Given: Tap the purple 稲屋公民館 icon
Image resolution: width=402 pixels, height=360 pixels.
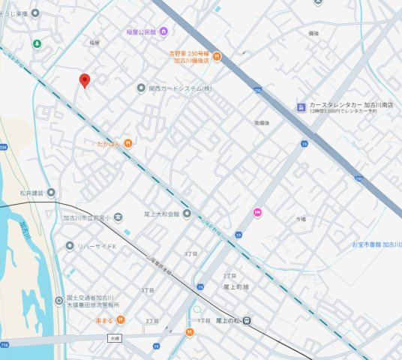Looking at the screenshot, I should [163, 31].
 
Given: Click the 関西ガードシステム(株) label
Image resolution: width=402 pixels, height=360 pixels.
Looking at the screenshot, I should [180, 88].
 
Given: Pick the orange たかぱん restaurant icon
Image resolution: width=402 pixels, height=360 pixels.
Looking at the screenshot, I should [128, 142].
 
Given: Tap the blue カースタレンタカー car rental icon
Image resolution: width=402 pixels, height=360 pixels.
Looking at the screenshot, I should [301, 106].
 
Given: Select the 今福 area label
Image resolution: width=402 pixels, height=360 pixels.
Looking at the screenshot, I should [301, 218].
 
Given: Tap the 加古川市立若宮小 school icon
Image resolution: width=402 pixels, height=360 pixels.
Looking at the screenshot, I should [118, 218].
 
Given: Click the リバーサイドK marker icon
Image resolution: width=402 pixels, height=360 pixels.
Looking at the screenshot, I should [70, 245].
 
